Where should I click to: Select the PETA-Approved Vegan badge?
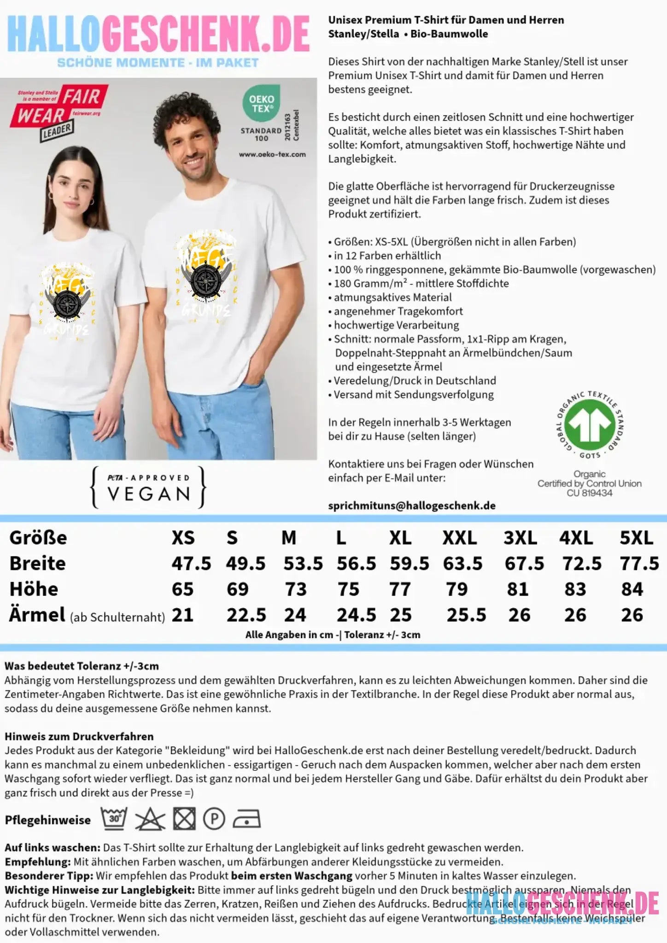click(x=148, y=487)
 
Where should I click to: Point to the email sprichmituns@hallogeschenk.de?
click(x=412, y=506)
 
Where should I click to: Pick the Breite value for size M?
click(x=303, y=564)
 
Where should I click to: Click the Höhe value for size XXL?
click(x=456, y=589)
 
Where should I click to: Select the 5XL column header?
click(x=636, y=538)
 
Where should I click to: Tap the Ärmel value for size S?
click(x=246, y=615)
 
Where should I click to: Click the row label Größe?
click(x=38, y=538)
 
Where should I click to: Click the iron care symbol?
click(x=246, y=820)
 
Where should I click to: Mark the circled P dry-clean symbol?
click(x=214, y=819)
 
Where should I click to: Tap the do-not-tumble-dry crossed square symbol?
click(x=184, y=819)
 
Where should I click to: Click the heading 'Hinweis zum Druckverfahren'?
click(x=79, y=736)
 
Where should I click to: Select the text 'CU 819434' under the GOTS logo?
click(x=590, y=493)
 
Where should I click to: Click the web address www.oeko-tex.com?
click(x=272, y=154)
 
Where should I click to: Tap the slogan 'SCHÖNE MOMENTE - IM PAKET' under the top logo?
click(x=158, y=63)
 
